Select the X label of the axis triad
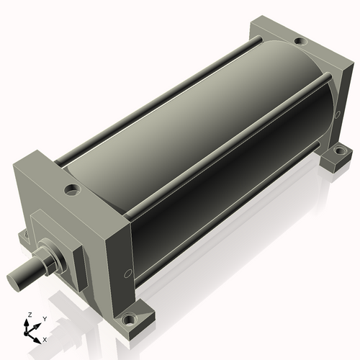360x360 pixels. point(45,340)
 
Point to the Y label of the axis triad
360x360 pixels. point(45,319)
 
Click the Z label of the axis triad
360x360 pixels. point(30,315)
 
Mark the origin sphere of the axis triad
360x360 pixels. point(26,333)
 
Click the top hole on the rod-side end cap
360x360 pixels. point(72,190)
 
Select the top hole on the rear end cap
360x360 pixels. point(300,41)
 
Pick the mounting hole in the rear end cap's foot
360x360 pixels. point(339,151)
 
